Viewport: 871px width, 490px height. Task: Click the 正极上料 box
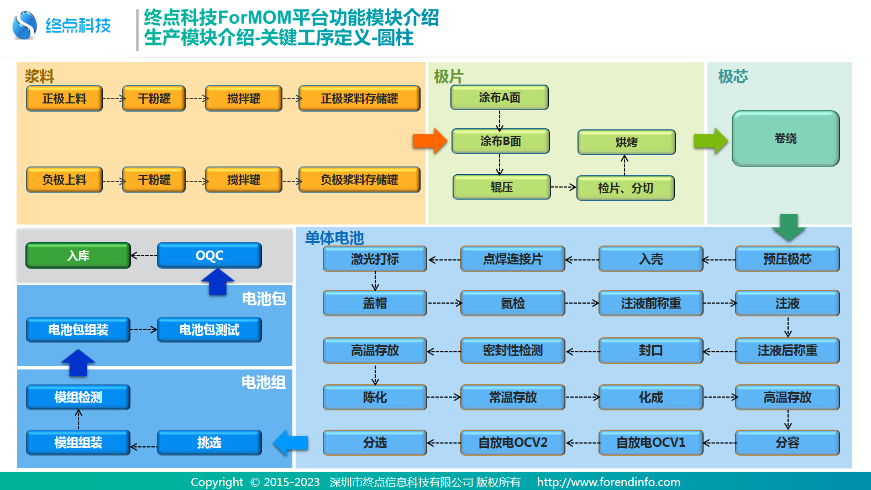(x=64, y=98)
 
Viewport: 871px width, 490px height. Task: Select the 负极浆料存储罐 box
(x=359, y=180)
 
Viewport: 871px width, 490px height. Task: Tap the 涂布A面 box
(x=500, y=97)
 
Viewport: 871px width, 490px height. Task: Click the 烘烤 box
(x=626, y=142)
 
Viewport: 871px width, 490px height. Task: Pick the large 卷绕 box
(x=785, y=138)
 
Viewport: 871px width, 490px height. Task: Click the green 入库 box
(x=78, y=256)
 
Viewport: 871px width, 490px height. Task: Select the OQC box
(x=209, y=256)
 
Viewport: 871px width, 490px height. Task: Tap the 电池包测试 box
(x=209, y=330)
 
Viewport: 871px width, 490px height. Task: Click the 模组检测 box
(x=78, y=397)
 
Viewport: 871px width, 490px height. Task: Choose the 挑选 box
(x=209, y=442)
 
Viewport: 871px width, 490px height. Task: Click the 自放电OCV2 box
(x=512, y=442)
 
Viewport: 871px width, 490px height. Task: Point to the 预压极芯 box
(x=787, y=259)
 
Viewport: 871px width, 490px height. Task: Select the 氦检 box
(x=512, y=303)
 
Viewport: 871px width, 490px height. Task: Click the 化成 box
(x=650, y=397)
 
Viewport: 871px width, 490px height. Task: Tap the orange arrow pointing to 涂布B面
(x=429, y=141)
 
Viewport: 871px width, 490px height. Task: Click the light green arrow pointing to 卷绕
(x=711, y=141)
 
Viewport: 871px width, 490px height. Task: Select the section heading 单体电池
(x=334, y=238)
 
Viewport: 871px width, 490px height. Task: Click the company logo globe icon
(x=24, y=25)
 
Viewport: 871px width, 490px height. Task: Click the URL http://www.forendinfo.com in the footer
(x=608, y=482)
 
